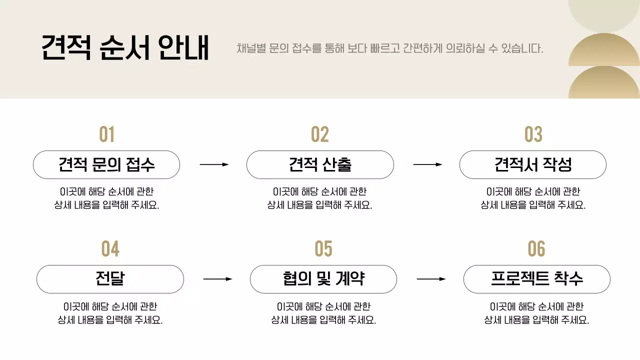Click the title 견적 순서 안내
coord(125,48)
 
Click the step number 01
coord(106,134)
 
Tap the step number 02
coord(320,134)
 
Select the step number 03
coord(533,134)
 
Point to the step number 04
coord(110,249)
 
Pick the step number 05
coord(323,249)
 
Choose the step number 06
coord(536,249)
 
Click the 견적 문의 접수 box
coord(106,164)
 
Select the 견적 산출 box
coord(320,164)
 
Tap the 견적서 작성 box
coord(533,164)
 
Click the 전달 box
coord(110,279)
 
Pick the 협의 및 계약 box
coord(323,279)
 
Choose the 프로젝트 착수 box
coord(536,279)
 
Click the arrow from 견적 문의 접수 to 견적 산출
coord(214,164)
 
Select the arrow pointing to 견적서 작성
coord(427,164)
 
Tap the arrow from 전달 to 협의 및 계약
coord(217,279)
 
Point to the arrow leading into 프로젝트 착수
coord(431,279)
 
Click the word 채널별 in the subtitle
coord(251,48)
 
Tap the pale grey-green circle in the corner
coord(604,12)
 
